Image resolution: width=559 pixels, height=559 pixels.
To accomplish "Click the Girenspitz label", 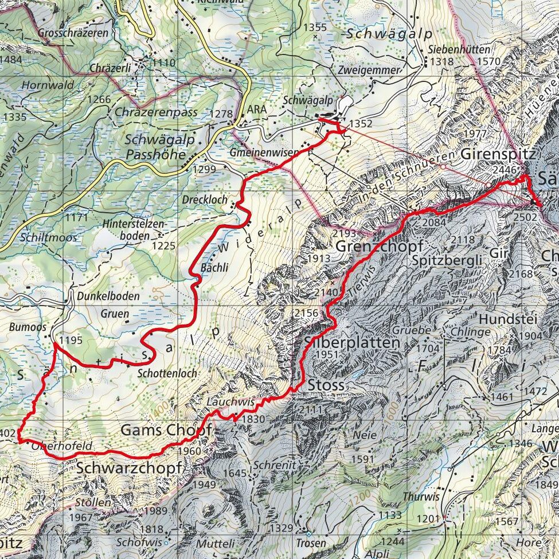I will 498,154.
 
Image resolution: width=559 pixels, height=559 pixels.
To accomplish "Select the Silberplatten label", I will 351,342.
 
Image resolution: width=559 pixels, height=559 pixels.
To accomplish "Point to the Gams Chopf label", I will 166,430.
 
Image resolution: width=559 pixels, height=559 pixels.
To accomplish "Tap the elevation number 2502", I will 525,217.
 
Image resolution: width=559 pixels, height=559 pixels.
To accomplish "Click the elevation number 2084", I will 434,222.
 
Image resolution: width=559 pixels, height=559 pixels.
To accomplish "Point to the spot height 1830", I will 252,419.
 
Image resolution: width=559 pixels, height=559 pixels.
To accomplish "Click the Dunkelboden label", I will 108,296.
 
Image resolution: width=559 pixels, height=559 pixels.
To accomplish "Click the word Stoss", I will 326,384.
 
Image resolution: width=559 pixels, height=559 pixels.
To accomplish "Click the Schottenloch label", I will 167,373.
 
